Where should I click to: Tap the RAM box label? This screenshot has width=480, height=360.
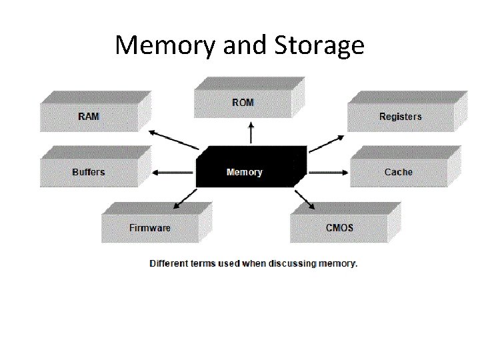point(89,116)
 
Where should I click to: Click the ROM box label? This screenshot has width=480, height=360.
point(243,103)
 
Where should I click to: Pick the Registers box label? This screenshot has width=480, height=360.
point(400,117)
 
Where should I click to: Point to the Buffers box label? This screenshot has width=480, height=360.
point(89,172)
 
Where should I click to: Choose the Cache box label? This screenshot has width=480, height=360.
point(398,172)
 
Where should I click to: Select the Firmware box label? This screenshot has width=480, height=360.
point(150,228)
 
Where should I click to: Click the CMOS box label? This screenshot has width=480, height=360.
point(339,228)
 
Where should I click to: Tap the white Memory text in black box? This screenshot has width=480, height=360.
point(245,172)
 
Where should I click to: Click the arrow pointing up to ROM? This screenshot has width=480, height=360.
point(251,133)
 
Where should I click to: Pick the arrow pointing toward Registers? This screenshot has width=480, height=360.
point(326,143)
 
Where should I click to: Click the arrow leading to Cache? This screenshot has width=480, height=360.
point(327,172)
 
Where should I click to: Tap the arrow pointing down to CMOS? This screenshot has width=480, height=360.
point(304,199)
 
